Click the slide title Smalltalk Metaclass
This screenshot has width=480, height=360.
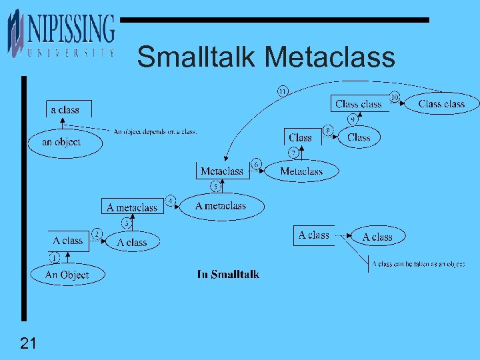click(265, 57)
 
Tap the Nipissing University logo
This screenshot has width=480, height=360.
click(61, 33)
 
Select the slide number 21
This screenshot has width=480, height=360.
click(27, 344)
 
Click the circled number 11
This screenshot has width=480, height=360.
click(283, 91)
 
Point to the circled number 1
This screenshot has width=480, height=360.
click(53, 257)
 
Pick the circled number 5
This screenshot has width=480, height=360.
click(215, 186)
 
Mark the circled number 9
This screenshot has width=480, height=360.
click(352, 120)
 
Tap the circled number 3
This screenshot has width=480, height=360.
click(126, 223)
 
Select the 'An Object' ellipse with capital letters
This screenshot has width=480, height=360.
click(67, 275)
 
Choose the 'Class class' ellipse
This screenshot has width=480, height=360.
click(441, 103)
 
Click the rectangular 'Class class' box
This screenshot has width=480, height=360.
click(359, 104)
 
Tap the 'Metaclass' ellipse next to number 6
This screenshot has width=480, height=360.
click(301, 171)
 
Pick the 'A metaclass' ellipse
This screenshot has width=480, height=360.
click(221, 206)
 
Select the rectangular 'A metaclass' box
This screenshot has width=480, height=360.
click(132, 207)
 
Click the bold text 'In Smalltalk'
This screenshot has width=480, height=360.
click(228, 274)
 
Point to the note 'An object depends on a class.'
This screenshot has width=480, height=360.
click(155, 131)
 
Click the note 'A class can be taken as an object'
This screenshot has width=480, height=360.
click(419, 264)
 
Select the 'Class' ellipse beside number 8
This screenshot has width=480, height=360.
click(359, 137)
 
